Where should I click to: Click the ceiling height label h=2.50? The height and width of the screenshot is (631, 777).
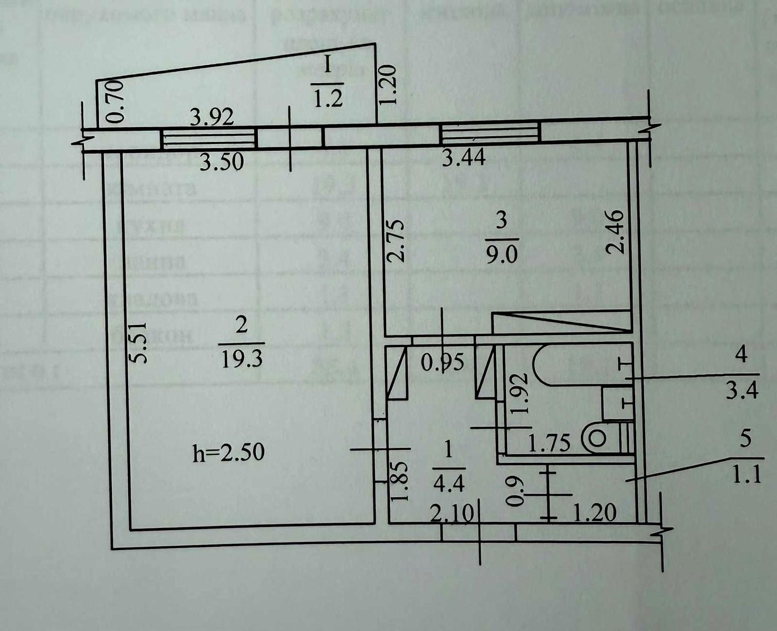click(229, 452)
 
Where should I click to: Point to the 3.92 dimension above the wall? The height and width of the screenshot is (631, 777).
click(212, 117)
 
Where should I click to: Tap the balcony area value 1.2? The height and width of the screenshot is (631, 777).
click(328, 98)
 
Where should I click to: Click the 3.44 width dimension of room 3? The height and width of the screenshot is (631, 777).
click(463, 157)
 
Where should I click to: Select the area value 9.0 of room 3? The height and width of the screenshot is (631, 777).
click(501, 255)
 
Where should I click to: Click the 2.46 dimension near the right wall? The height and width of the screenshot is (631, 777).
click(615, 232)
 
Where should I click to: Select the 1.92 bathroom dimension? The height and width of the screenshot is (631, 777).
click(519, 394)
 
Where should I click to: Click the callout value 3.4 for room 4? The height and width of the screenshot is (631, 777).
click(742, 391)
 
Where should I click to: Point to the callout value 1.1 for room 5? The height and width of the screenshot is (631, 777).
click(746, 475)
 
